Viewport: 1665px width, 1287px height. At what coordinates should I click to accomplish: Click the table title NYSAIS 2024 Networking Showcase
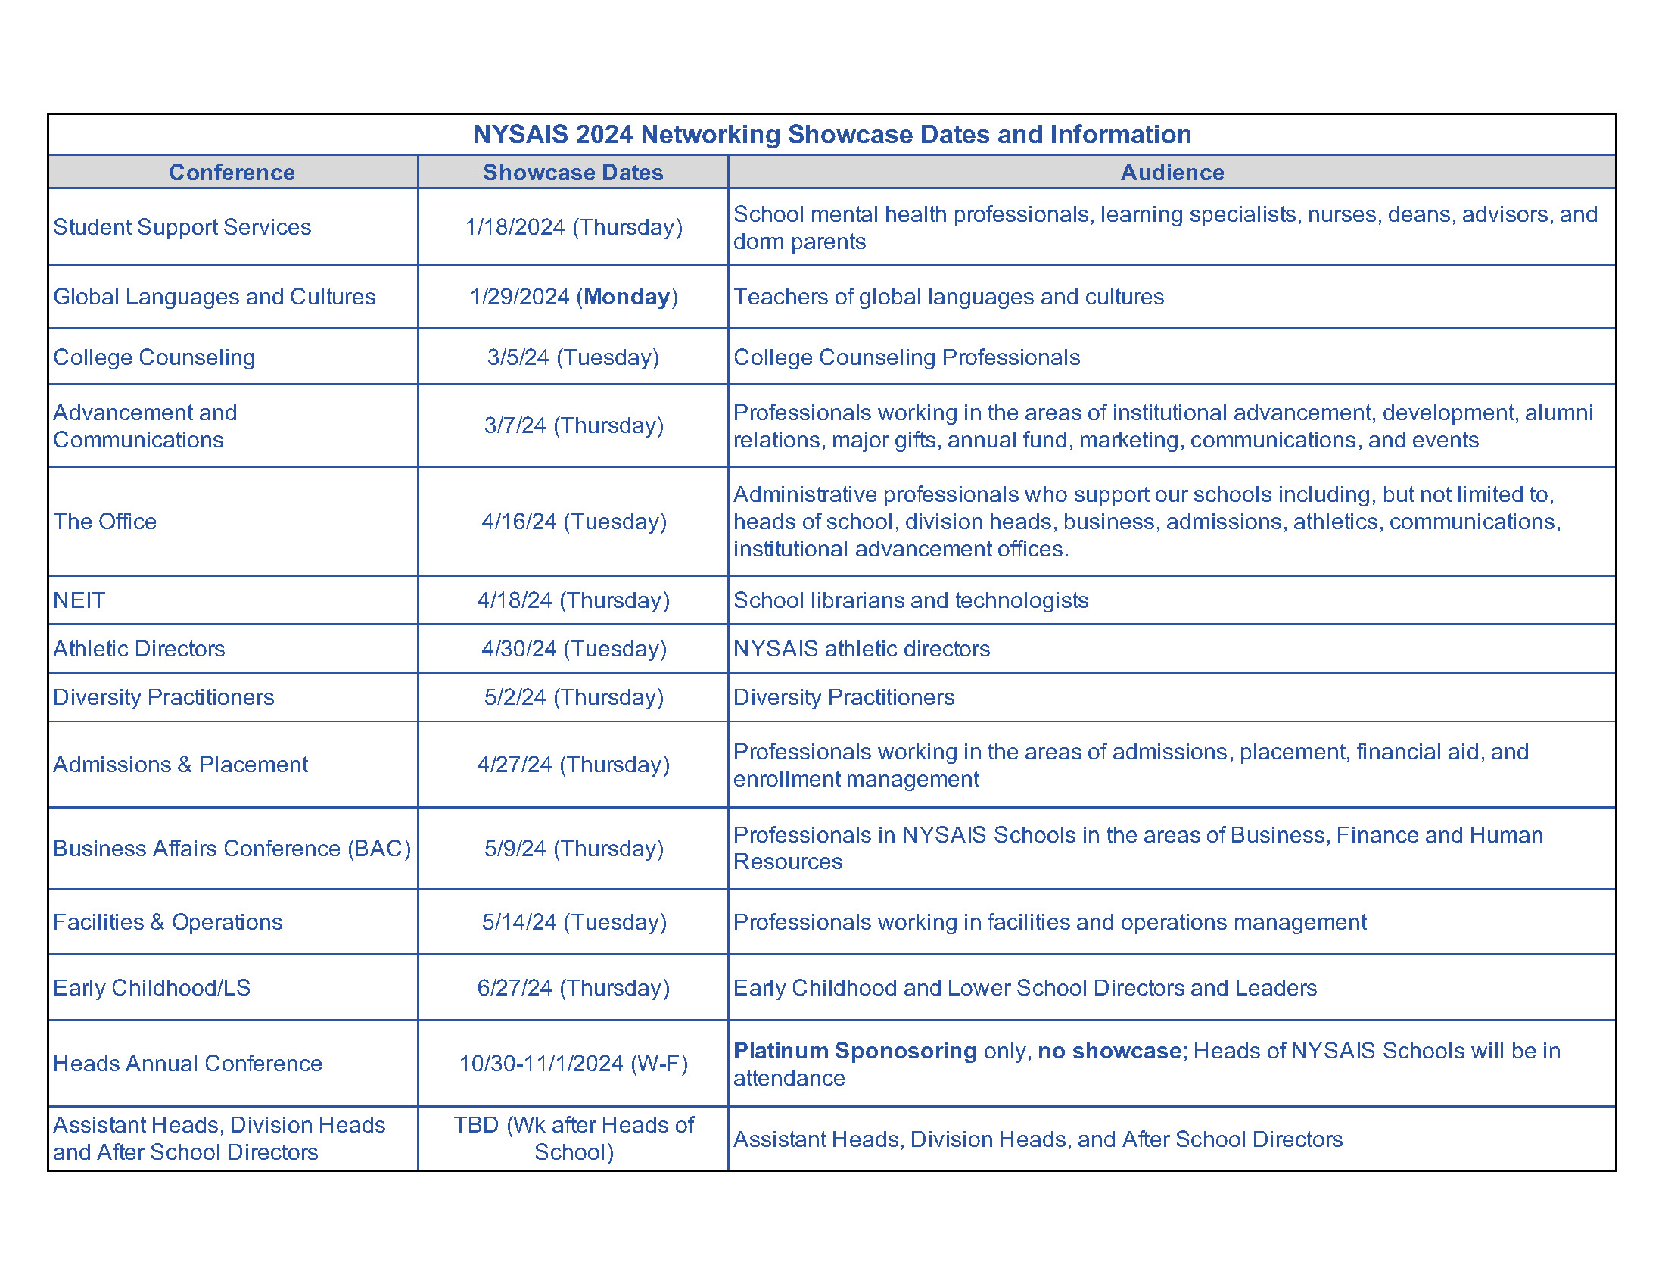832,134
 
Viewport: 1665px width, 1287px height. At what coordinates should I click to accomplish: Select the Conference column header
232,173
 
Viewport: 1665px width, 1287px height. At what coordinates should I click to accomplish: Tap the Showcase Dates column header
573,173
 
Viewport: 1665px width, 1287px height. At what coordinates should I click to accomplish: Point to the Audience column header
1172,173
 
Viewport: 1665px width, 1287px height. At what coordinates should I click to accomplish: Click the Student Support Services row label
182,227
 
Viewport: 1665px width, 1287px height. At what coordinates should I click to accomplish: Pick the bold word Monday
627,297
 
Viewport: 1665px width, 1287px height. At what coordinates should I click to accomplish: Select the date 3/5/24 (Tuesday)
573,357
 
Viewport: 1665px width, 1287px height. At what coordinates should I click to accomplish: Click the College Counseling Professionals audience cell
907,357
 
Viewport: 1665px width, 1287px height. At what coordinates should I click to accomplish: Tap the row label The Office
104,522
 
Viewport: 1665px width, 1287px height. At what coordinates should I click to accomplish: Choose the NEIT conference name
79,600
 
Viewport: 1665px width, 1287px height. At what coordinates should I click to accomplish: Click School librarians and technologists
910,600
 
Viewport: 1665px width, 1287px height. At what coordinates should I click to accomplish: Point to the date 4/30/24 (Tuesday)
574,649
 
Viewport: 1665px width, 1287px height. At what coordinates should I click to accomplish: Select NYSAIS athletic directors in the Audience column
861,649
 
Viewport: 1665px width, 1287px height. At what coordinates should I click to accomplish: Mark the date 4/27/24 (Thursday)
573,765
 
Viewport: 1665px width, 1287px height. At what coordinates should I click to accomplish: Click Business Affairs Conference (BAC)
232,849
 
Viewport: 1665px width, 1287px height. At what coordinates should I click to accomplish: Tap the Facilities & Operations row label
168,922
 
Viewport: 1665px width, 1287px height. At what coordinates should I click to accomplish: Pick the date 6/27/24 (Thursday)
573,988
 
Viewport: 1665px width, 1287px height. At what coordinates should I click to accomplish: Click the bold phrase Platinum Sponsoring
854,1051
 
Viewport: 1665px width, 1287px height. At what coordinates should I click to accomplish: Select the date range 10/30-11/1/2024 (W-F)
573,1064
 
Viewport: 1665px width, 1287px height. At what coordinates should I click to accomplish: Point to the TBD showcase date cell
574,1139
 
